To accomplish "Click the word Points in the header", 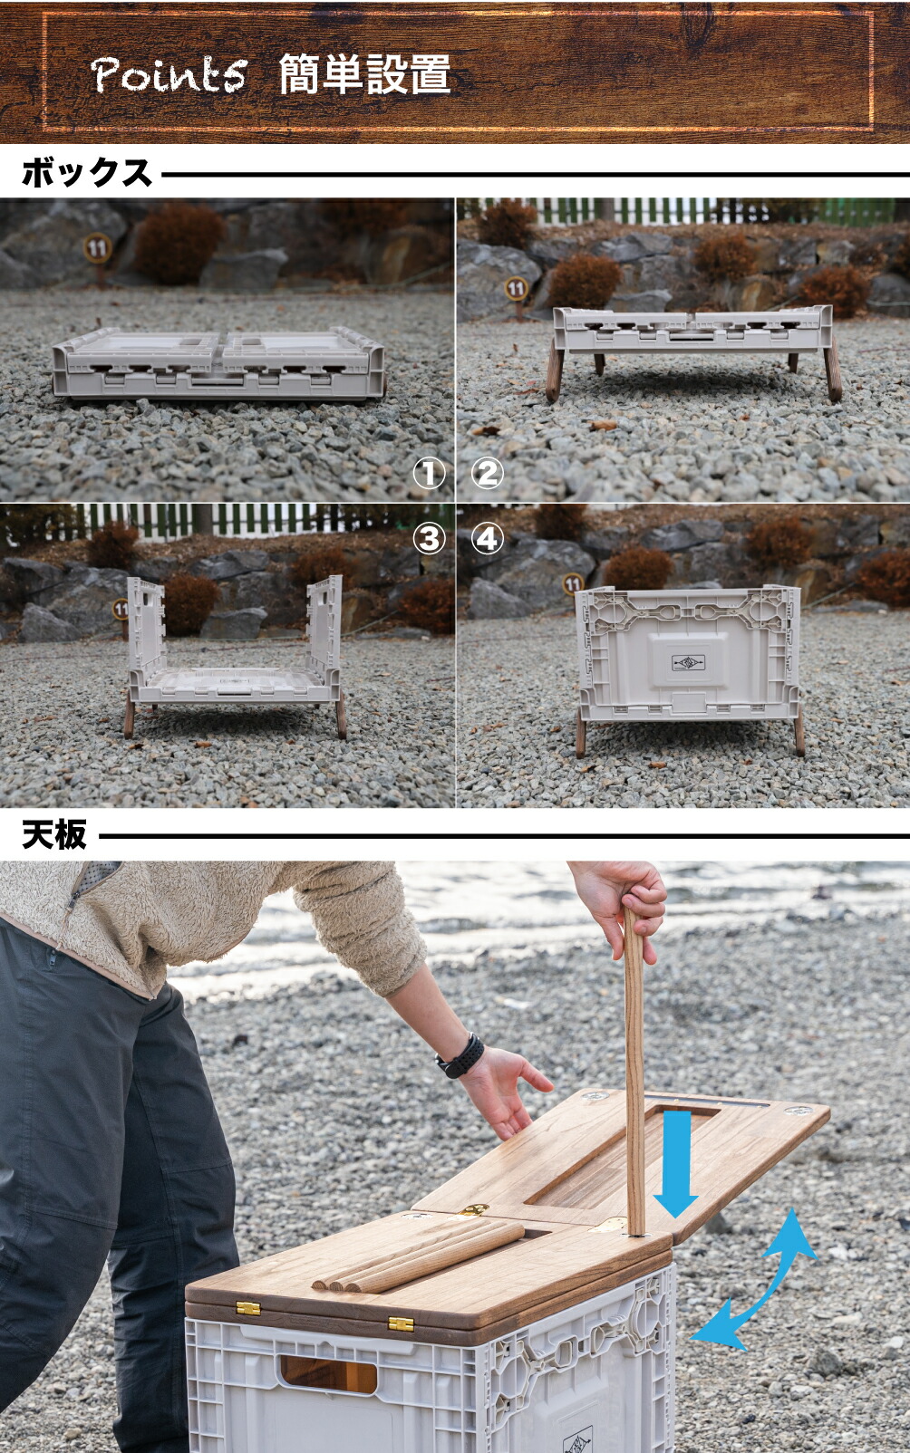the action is [x=169, y=73].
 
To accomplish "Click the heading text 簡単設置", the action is [x=364, y=74].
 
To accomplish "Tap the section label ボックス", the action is [x=86, y=174].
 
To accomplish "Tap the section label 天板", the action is [x=53, y=835].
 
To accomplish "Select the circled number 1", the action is [x=429, y=474].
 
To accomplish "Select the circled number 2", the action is [x=488, y=474].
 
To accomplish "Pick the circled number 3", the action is [x=429, y=539].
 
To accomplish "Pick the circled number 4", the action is [x=488, y=539].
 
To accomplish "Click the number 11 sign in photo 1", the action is [x=97, y=248].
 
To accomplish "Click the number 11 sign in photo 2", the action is [x=516, y=288].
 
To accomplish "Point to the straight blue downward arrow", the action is [x=675, y=1164].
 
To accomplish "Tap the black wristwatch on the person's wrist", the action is [x=460, y=1056].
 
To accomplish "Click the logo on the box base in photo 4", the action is [x=688, y=663].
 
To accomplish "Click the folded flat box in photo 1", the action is [x=218, y=363].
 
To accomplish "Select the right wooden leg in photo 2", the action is [x=833, y=371].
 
